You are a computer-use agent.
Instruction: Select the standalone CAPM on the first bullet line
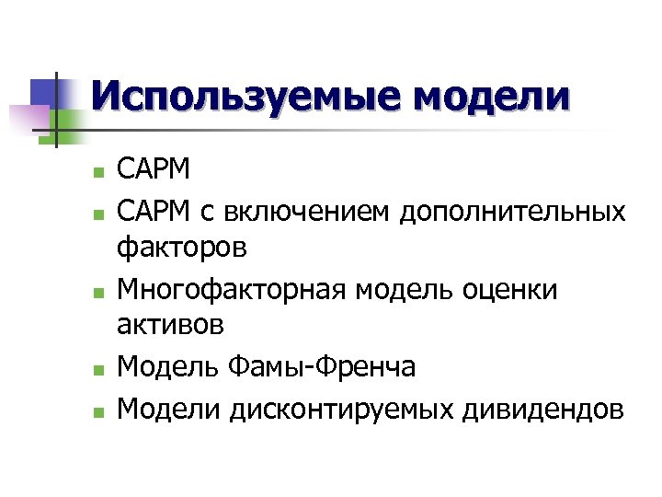[154, 170]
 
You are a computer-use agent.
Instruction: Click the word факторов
[182, 248]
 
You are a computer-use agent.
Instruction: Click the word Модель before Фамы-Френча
[169, 366]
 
